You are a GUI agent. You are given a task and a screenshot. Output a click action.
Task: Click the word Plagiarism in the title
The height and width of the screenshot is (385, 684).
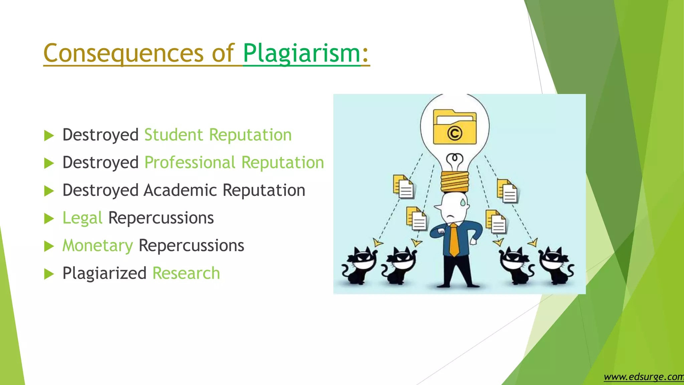[302, 53]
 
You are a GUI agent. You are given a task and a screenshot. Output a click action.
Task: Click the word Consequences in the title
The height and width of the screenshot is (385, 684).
[123, 53]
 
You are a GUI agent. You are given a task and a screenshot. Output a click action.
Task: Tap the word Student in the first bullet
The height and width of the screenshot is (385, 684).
[173, 135]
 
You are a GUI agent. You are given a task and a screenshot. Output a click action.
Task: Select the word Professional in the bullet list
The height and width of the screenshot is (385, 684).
[190, 163]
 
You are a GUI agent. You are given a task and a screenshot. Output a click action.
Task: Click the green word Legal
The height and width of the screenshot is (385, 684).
[82, 218]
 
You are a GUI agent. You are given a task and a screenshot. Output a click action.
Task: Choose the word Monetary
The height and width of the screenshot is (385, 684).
[98, 246]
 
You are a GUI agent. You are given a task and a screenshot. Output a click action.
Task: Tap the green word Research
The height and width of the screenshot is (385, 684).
[186, 273]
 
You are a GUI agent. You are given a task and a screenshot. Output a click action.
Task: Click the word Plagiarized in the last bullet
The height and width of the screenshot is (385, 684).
[105, 273]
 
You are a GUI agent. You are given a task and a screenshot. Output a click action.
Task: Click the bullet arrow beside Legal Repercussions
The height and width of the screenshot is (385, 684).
[49, 219]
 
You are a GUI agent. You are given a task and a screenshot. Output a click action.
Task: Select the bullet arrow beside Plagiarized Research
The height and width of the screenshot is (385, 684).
[49, 274]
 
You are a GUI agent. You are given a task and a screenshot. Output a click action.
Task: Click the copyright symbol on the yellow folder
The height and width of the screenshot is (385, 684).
[455, 134]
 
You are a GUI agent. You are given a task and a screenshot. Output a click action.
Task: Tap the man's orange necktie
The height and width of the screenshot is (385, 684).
[454, 240]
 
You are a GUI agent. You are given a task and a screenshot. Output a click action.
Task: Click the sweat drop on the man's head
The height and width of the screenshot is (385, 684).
[463, 202]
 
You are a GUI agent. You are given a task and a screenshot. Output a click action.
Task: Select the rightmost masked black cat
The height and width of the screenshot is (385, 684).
[556, 266]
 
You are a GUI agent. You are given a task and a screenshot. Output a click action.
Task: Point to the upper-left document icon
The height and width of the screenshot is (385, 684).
[403, 186]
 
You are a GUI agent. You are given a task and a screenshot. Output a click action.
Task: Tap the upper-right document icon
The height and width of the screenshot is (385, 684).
[507, 191]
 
